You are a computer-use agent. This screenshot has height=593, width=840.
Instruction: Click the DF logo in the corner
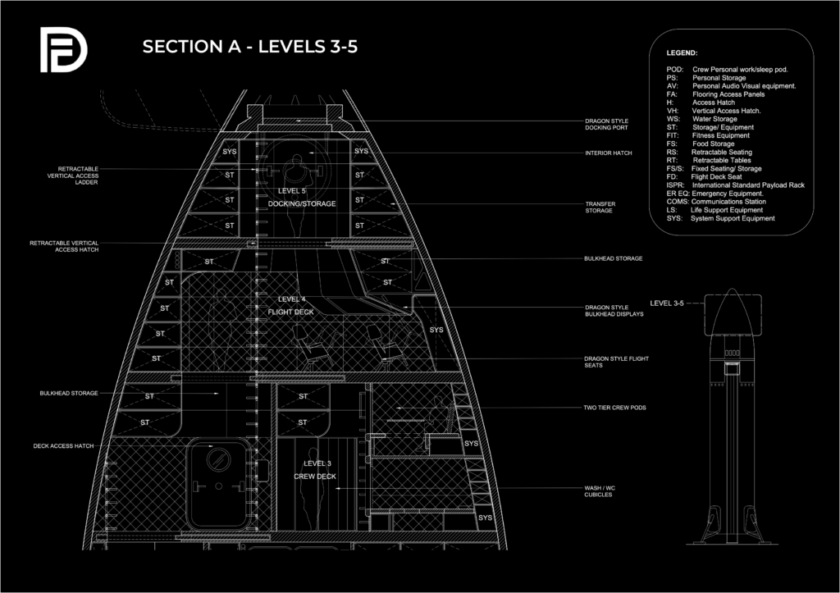point(63,49)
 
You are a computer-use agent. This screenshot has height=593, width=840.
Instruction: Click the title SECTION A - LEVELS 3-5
point(249,47)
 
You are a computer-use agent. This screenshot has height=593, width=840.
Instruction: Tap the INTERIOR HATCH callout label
point(608,153)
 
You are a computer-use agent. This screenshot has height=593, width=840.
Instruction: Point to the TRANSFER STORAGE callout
point(600,207)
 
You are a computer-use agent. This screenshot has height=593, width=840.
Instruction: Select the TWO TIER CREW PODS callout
point(614,408)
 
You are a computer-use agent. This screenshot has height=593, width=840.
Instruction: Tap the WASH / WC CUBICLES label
point(598,490)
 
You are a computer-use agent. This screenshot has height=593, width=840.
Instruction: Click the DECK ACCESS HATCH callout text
point(65,446)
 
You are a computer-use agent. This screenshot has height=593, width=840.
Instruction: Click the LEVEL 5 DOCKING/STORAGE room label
point(302,197)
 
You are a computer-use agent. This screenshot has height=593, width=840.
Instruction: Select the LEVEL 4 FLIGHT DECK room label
point(291,305)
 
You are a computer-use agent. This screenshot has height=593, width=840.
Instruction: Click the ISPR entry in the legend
point(735,185)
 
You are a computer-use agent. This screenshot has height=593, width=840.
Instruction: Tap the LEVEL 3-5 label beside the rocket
point(667,303)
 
